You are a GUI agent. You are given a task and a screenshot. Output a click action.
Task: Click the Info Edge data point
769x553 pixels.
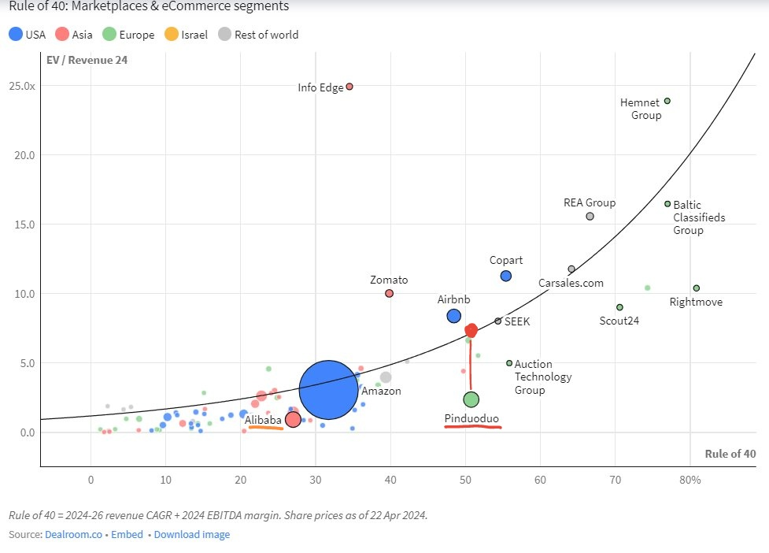tap(349, 87)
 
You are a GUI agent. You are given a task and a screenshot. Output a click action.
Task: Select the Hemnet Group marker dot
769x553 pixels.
tap(667, 101)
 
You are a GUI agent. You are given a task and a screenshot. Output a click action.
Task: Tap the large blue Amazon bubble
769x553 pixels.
tap(329, 389)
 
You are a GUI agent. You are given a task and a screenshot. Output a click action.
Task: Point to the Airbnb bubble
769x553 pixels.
tap(453, 316)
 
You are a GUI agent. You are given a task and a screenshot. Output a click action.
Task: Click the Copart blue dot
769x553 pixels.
tap(506, 276)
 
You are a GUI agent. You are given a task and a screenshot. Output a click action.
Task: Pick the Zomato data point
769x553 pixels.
tap(389, 293)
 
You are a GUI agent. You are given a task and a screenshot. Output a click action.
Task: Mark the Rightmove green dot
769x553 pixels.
tap(696, 288)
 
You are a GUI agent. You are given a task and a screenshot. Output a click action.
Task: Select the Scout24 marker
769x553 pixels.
tap(619, 307)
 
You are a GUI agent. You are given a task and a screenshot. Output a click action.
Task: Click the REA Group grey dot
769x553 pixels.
tap(590, 216)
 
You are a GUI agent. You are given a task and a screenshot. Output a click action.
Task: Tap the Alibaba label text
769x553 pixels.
tap(262, 421)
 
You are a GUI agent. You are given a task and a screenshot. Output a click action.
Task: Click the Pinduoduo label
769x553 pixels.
tap(471, 418)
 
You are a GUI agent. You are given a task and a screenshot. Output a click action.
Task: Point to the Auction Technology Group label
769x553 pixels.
tap(534, 377)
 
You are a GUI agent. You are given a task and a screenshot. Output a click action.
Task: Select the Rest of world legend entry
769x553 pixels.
tap(259, 35)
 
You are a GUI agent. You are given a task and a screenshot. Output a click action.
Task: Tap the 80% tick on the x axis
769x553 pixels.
tap(693, 480)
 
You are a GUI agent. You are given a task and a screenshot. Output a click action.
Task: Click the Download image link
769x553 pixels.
tap(192, 534)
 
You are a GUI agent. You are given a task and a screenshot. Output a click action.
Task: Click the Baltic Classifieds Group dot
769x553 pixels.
tap(667, 203)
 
